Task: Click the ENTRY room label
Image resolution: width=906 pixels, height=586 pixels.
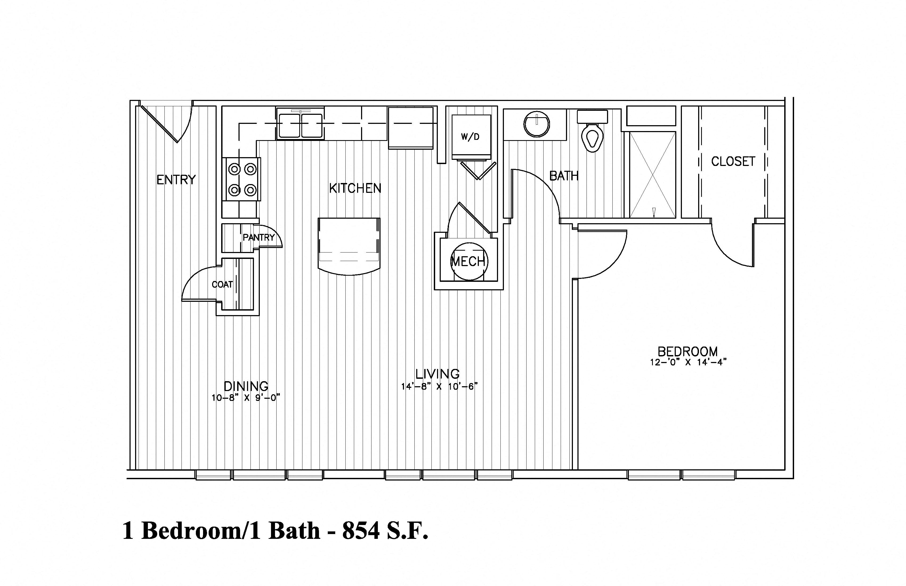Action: (176, 180)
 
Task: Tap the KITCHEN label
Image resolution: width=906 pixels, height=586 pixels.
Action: (355, 188)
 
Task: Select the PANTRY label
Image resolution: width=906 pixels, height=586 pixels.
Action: (259, 237)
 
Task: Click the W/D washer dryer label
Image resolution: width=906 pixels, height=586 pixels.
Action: (471, 137)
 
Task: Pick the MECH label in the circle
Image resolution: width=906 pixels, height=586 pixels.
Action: (468, 261)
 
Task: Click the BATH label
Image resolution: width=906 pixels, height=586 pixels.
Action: (564, 176)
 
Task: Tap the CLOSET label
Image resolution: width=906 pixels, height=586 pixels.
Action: (733, 161)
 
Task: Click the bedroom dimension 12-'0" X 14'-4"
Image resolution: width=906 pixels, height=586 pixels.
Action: (689, 362)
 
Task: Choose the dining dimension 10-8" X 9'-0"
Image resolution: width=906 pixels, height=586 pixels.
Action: (246, 398)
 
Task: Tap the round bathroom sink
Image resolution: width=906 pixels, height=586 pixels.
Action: (537, 124)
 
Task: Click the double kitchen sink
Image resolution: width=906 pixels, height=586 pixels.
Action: (300, 124)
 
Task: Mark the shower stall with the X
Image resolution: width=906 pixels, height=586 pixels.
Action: (653, 175)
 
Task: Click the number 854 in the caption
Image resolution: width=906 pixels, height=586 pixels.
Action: (361, 531)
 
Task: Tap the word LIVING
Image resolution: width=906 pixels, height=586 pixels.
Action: (437, 374)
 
